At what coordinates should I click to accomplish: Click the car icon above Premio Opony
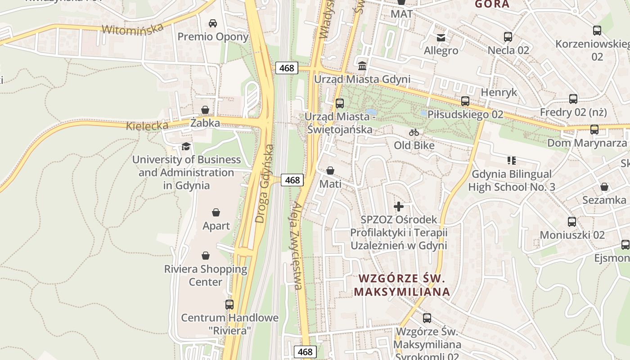tap(213, 23)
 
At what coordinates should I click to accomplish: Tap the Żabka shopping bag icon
tap(205, 110)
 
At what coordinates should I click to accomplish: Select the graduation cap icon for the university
tap(185, 146)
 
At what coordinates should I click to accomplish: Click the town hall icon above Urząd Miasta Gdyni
tap(362, 66)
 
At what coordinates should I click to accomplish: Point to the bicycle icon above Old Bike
tap(414, 132)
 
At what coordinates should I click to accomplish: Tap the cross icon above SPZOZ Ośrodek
tap(399, 207)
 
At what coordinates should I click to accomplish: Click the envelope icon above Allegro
tap(441, 37)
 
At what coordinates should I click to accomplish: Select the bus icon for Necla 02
tap(508, 37)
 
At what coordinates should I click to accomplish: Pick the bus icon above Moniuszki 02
tap(572, 222)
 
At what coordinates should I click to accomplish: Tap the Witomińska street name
tap(132, 29)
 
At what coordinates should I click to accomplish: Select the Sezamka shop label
tap(604, 200)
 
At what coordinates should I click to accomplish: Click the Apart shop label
tap(216, 226)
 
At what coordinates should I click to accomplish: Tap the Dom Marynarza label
tap(587, 143)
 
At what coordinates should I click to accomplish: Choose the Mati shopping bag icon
tap(330, 171)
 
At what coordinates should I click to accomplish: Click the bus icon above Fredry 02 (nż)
tap(573, 99)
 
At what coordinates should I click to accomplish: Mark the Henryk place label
tap(499, 92)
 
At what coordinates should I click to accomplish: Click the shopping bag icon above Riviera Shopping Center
tap(206, 256)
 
